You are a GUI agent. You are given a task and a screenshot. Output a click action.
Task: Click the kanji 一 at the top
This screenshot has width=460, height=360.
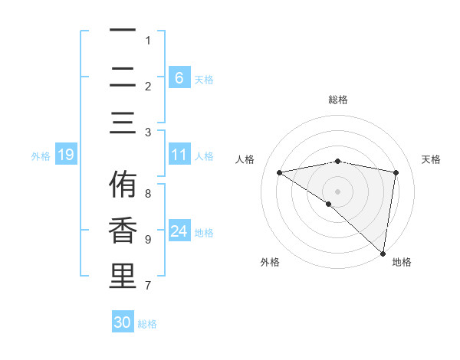(122, 31)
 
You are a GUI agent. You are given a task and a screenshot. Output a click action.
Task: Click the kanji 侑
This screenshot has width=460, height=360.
(122, 185)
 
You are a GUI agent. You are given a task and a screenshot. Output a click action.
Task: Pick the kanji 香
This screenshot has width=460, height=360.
(122, 231)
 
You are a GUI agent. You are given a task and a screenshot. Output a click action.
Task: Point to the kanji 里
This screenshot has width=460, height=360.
(122, 277)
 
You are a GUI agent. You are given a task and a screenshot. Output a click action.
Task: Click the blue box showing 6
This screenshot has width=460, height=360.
(179, 77)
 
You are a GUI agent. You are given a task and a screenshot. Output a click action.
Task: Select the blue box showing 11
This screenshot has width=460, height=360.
(179, 155)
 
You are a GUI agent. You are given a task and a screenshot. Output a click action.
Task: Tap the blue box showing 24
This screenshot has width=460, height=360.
(179, 231)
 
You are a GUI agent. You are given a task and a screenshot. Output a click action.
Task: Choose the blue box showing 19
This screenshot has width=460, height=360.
(65, 155)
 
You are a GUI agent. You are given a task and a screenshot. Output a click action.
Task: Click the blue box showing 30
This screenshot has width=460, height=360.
(122, 322)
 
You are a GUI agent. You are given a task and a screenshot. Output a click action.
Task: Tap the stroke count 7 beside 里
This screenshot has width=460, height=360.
(148, 286)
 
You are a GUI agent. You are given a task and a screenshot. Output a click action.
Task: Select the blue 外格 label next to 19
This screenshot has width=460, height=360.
(41, 155)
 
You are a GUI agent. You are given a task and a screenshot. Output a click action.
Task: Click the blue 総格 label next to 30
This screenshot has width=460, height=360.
(147, 324)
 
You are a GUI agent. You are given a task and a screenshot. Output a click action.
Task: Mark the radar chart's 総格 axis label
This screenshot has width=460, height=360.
(338, 100)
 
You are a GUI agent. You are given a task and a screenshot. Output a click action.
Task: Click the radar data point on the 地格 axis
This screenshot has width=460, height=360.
(383, 254)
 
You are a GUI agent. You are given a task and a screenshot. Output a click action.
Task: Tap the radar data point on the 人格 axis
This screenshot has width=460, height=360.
(279, 172)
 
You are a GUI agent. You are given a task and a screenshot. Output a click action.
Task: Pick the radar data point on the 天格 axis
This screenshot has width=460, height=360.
(396, 172)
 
